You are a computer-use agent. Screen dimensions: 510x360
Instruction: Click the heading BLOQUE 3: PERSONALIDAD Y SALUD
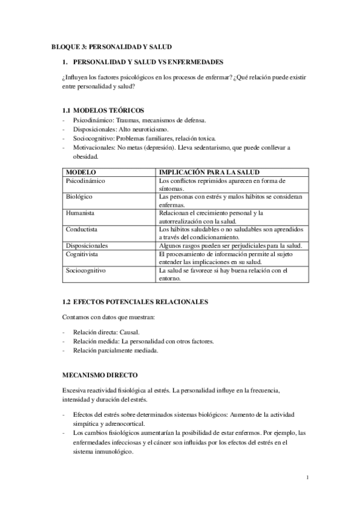click(x=114, y=47)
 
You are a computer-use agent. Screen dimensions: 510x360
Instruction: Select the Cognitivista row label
click(x=82, y=254)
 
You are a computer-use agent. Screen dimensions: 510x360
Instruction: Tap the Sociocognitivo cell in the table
click(x=85, y=270)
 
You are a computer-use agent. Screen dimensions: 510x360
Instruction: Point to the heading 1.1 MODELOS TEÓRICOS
click(x=103, y=111)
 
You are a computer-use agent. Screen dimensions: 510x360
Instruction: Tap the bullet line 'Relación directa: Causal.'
click(x=106, y=332)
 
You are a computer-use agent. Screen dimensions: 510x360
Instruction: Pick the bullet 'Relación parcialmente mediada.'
click(x=115, y=351)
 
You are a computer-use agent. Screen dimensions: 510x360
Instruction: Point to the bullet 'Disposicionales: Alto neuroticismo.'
click(x=120, y=129)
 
